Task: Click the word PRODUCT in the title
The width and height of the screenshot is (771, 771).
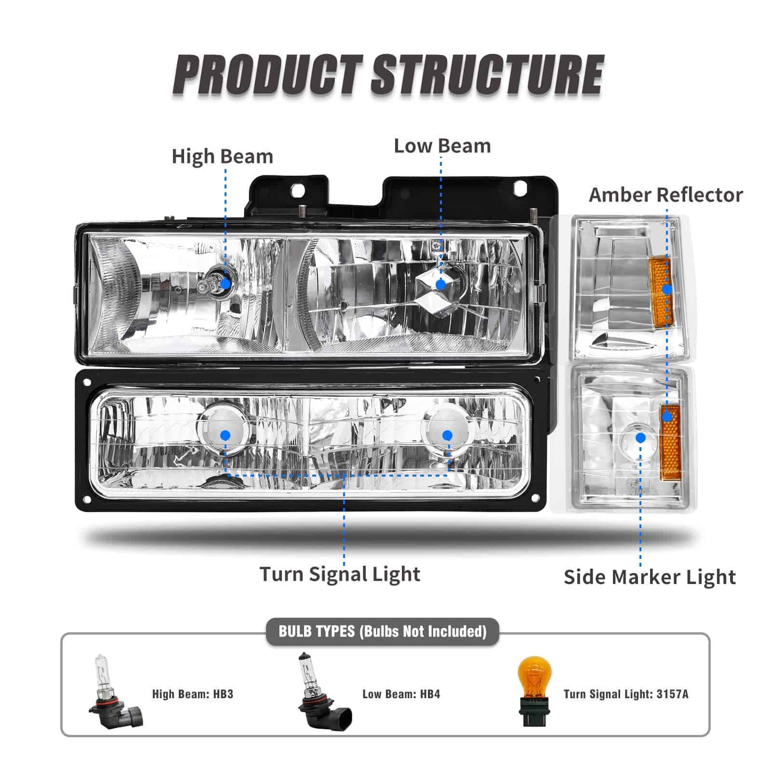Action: tap(268, 75)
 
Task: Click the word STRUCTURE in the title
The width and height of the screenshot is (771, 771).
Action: tap(487, 75)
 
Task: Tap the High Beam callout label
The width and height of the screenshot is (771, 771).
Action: tap(222, 157)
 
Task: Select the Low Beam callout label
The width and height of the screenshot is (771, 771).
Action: tap(442, 146)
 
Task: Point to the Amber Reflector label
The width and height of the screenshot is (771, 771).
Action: tap(665, 195)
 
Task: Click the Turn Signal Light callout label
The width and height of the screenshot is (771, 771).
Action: tap(340, 574)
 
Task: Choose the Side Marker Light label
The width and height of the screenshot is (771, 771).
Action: tap(650, 577)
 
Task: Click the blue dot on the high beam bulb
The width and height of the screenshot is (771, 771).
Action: tap(225, 284)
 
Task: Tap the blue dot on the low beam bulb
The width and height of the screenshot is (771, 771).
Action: tap(440, 284)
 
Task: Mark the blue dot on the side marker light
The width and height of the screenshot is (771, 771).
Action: tap(640, 438)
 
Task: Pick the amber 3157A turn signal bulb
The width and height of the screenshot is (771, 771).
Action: tap(534, 693)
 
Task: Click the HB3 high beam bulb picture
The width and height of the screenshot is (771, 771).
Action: tap(114, 692)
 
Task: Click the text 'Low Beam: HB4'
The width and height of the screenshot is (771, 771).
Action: tap(401, 694)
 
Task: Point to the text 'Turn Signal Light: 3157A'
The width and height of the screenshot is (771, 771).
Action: tap(626, 694)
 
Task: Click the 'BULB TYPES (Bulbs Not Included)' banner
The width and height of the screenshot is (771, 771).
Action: tap(383, 631)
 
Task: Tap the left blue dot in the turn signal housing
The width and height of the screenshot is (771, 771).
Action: tap(225, 436)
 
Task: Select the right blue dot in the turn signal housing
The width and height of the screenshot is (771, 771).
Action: tap(447, 436)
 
